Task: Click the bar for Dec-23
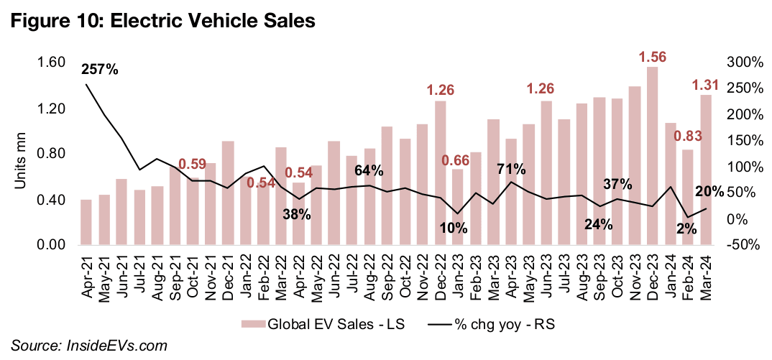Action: [652, 156]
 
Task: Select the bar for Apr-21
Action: [86, 222]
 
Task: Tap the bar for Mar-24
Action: [706, 170]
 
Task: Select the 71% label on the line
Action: [511, 170]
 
